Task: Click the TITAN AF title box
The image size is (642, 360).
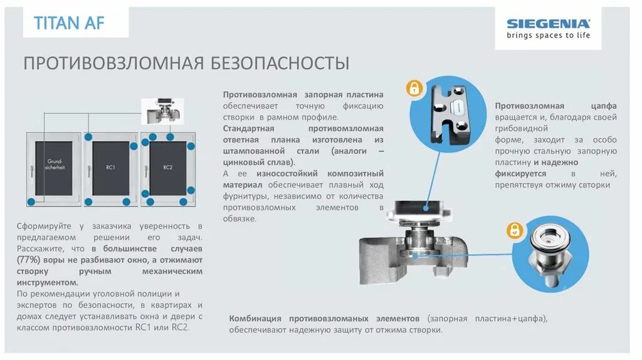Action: point(69,24)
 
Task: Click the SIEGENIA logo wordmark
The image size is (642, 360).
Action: point(548,24)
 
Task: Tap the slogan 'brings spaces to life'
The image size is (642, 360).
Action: point(548,36)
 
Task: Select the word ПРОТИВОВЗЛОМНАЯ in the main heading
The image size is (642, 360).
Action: point(113,63)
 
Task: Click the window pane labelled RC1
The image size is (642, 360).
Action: point(111,167)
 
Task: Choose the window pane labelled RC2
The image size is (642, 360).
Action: point(167,167)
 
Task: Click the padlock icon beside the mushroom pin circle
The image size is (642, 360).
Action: point(515,230)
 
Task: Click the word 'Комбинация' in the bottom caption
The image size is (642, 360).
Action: point(255,318)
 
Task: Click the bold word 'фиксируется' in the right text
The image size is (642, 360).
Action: point(520,174)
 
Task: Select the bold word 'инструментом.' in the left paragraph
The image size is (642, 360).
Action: point(44,282)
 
